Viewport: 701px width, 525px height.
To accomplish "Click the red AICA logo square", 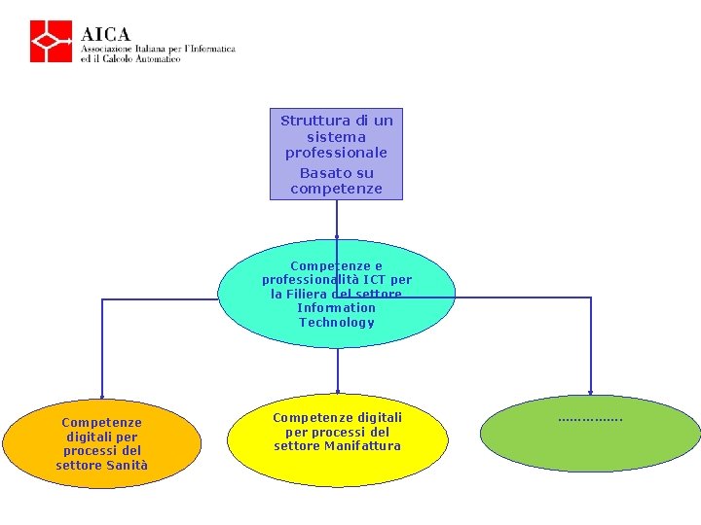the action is pos(51,41).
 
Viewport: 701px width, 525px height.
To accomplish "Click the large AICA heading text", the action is pos(105,34).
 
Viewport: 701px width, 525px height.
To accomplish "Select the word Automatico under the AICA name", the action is pos(158,59).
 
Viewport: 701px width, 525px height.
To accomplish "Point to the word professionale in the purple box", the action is pos(336,154).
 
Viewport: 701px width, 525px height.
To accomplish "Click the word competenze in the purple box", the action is pos(336,189).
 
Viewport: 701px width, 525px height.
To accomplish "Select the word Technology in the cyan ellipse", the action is pos(337,323).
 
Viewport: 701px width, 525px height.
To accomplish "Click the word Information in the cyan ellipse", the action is pos(336,308).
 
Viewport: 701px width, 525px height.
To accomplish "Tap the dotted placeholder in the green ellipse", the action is pos(590,420).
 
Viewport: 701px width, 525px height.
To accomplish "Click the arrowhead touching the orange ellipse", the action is pos(102,397).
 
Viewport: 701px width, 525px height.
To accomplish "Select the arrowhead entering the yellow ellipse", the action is pos(338,392).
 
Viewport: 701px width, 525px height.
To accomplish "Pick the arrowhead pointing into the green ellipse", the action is pos(591,393).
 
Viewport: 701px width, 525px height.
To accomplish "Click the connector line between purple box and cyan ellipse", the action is pos(337,219).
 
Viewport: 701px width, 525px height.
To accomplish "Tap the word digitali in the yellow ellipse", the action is pos(376,418).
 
